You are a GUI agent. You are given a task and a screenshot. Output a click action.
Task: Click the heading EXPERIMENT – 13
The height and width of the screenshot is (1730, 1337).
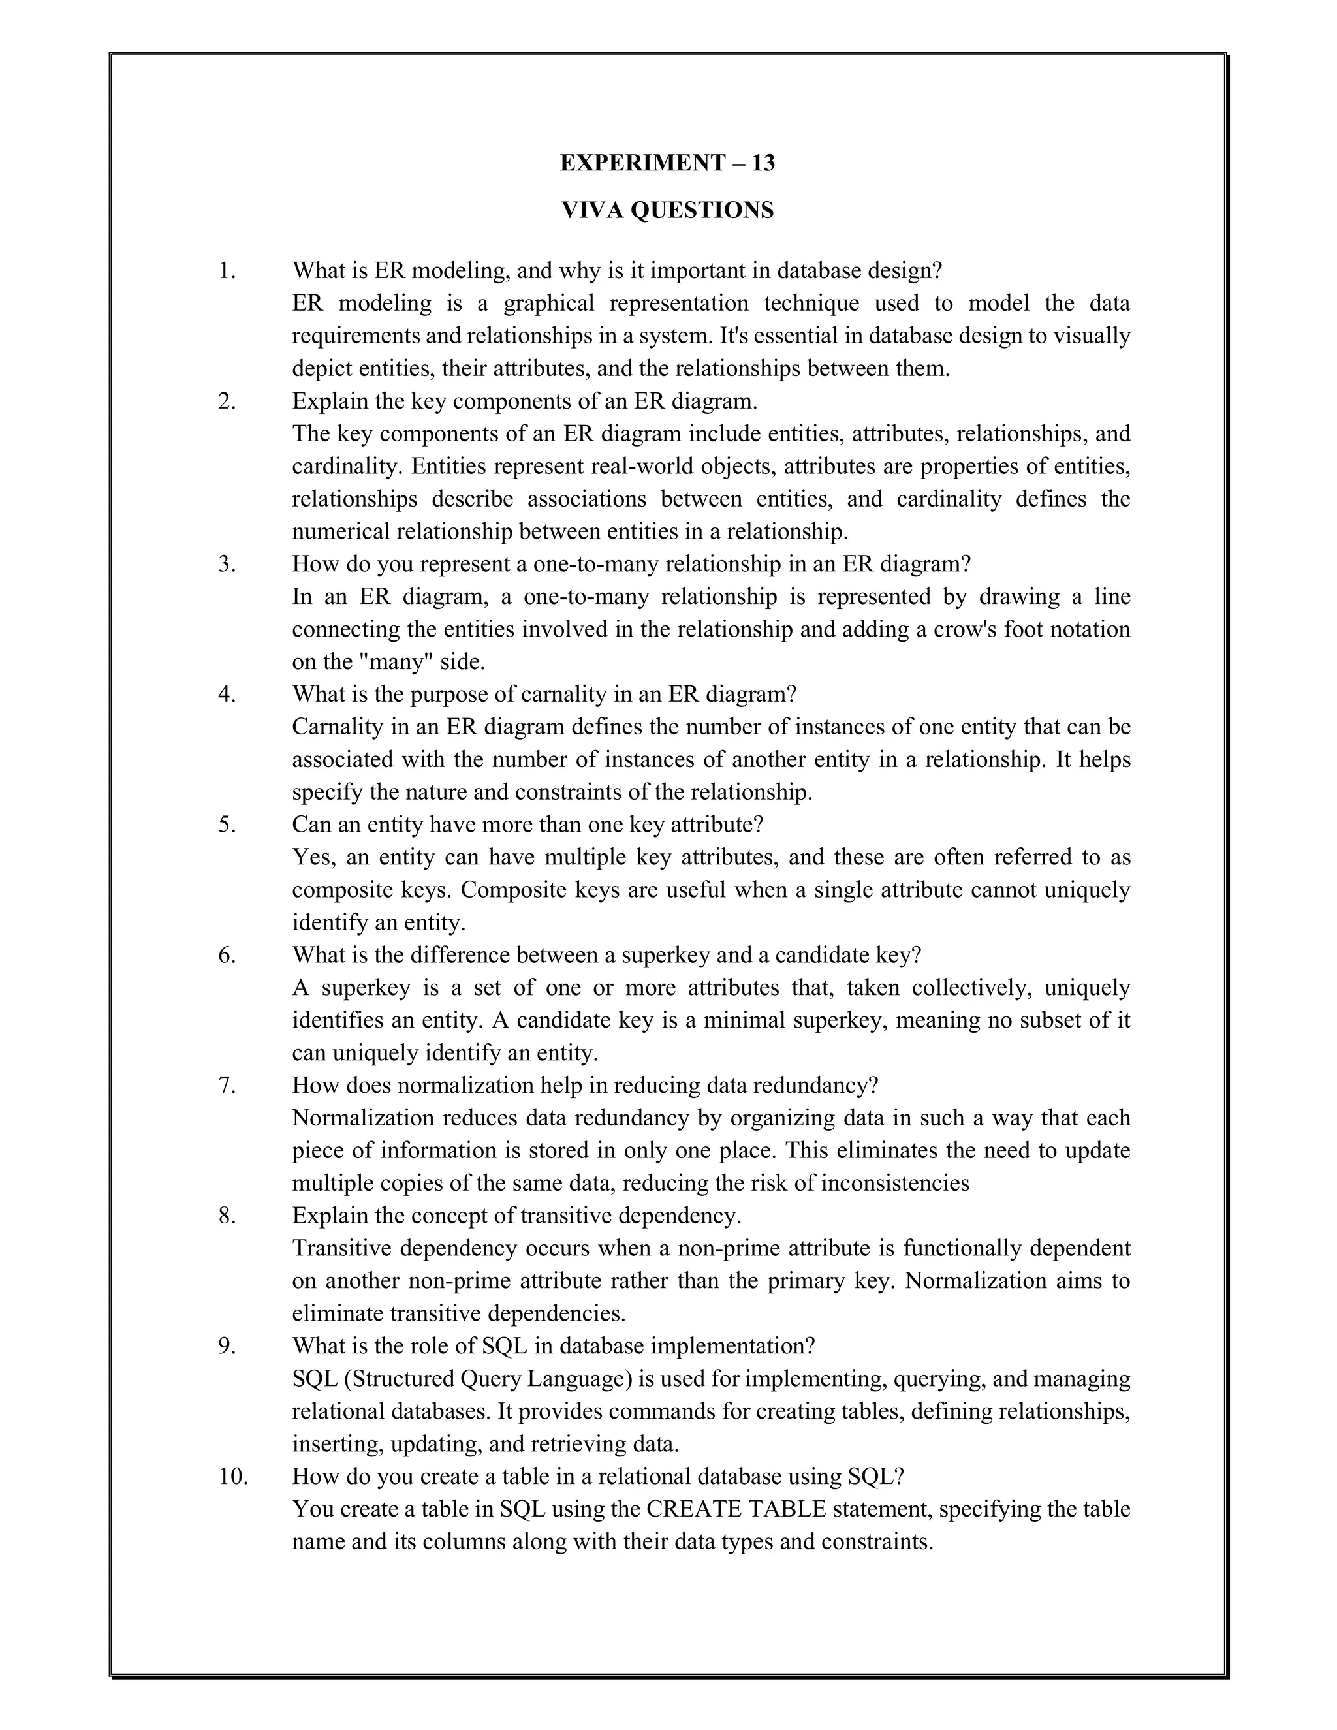667,163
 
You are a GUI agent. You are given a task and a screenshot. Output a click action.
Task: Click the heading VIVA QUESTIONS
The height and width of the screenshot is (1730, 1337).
667,210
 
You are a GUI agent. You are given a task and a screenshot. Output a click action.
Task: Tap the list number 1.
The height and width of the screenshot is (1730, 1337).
227,271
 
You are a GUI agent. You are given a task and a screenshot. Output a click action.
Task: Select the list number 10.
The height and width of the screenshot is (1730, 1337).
233,1476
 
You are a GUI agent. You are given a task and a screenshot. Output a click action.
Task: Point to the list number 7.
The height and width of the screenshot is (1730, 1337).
227,1085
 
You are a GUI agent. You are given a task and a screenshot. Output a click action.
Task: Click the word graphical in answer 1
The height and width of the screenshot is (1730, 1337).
546,304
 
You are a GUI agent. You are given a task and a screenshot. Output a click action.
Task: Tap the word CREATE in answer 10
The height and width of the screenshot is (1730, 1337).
686,1508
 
